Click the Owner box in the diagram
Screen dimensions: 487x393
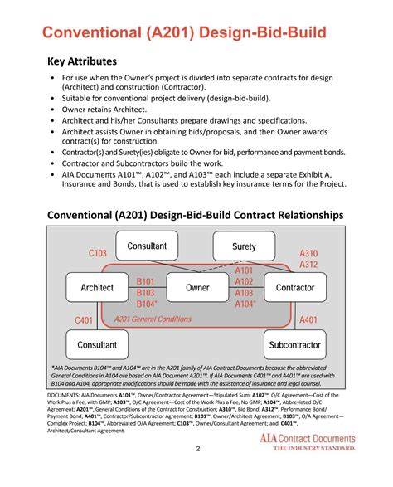point(197,288)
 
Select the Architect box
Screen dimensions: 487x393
point(96,288)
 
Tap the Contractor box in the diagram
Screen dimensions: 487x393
point(295,288)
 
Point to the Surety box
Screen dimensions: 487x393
point(245,246)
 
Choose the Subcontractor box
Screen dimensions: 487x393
point(295,344)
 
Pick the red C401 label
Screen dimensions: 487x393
point(84,320)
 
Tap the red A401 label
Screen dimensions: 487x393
point(308,320)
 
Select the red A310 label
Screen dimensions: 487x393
point(308,253)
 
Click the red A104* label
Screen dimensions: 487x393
point(245,304)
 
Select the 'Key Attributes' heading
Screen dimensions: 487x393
point(81,61)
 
